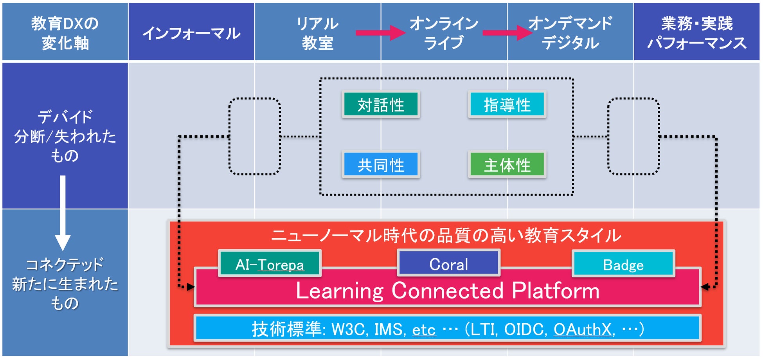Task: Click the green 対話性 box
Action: click(x=381, y=104)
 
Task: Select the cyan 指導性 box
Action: click(x=507, y=104)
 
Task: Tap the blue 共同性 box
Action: click(x=381, y=165)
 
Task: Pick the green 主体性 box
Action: click(x=507, y=165)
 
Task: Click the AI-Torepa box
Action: click(x=270, y=264)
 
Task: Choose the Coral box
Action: click(x=448, y=263)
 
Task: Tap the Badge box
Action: click(x=623, y=264)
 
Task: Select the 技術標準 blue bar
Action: click(x=448, y=328)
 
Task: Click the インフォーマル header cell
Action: click(x=191, y=32)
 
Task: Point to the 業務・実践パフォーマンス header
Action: click(x=696, y=32)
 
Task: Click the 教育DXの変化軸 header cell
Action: click(x=65, y=32)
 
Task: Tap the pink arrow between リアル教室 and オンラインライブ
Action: click(x=380, y=32)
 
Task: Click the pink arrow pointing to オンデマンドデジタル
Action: click(x=506, y=32)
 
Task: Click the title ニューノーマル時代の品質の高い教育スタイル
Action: click(x=446, y=236)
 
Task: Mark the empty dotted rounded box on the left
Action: click(x=254, y=136)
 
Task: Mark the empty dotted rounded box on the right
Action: click(x=633, y=136)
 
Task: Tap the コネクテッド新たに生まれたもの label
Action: click(x=65, y=284)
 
